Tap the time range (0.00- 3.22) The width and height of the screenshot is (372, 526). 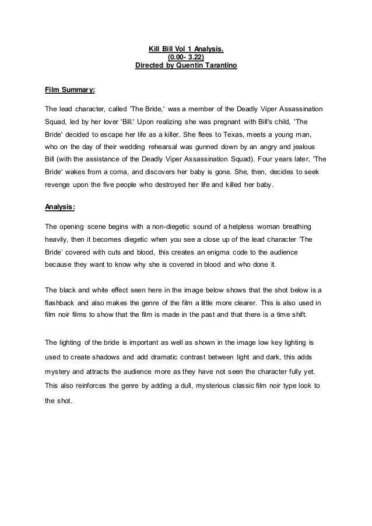186,57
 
